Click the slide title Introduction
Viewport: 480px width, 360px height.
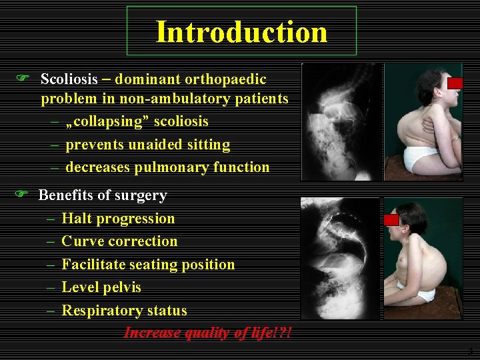[x=241, y=32]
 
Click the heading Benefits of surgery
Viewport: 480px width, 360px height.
[x=103, y=195]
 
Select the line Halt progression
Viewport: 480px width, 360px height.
[x=118, y=219]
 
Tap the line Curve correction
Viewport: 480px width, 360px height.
[x=119, y=241]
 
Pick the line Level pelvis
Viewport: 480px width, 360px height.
[x=101, y=287]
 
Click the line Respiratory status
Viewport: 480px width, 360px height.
[x=124, y=311]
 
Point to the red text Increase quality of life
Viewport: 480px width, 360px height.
[x=207, y=333]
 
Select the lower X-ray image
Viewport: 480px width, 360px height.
[x=339, y=258]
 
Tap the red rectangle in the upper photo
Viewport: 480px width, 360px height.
[x=455, y=83]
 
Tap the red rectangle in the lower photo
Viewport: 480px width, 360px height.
[x=391, y=219]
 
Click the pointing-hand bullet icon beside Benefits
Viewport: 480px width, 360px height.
[x=21, y=194]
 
